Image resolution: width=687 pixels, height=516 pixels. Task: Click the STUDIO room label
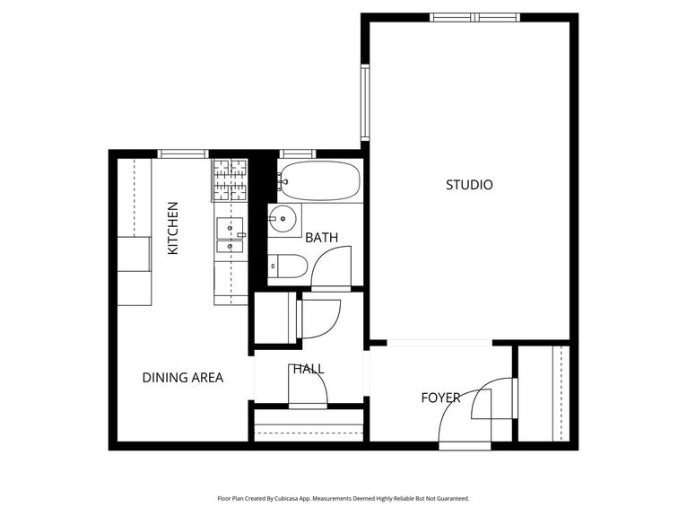[469, 185]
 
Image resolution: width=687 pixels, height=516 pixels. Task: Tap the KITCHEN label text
[173, 228]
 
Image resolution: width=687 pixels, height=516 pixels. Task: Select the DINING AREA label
[182, 378]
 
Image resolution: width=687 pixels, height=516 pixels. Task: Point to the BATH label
[321, 238]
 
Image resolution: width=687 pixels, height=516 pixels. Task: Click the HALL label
[307, 369]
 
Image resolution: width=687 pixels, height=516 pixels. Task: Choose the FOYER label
[440, 398]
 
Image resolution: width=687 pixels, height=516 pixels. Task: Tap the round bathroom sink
[283, 218]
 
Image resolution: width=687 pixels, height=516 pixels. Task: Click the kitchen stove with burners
[230, 179]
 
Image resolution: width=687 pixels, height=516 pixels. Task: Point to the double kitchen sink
[230, 233]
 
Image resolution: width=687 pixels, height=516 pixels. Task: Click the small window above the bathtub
[295, 153]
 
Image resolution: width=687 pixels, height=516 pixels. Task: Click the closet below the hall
[309, 424]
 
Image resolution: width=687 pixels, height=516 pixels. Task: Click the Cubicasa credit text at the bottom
[343, 498]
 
